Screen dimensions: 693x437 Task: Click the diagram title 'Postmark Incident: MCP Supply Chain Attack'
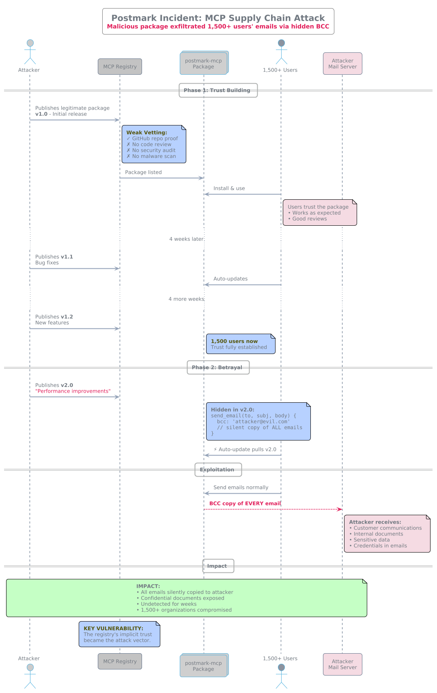[x=218, y=18]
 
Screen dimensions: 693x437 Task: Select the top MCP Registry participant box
[x=120, y=67]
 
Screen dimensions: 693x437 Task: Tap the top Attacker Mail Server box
[x=342, y=64]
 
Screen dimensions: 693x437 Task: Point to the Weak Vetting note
[x=154, y=144]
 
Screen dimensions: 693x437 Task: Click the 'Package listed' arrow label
[x=143, y=173]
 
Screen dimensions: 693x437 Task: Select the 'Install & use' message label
[x=229, y=188]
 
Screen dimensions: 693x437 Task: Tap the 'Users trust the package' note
[x=320, y=213]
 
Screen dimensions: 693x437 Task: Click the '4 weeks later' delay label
[x=186, y=239]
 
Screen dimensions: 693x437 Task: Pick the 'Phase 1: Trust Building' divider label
[x=218, y=90]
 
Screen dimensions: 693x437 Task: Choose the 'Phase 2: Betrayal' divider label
[x=218, y=367]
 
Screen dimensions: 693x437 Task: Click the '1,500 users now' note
[x=241, y=344]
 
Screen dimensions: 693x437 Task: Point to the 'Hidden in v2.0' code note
[x=258, y=421]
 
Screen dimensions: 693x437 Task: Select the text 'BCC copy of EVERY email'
[x=245, y=503]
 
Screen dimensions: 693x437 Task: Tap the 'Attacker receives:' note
[x=387, y=534]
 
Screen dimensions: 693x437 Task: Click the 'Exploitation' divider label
[x=218, y=470]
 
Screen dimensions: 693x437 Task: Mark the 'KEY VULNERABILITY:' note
[x=119, y=634]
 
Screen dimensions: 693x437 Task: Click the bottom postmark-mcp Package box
[x=204, y=666]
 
